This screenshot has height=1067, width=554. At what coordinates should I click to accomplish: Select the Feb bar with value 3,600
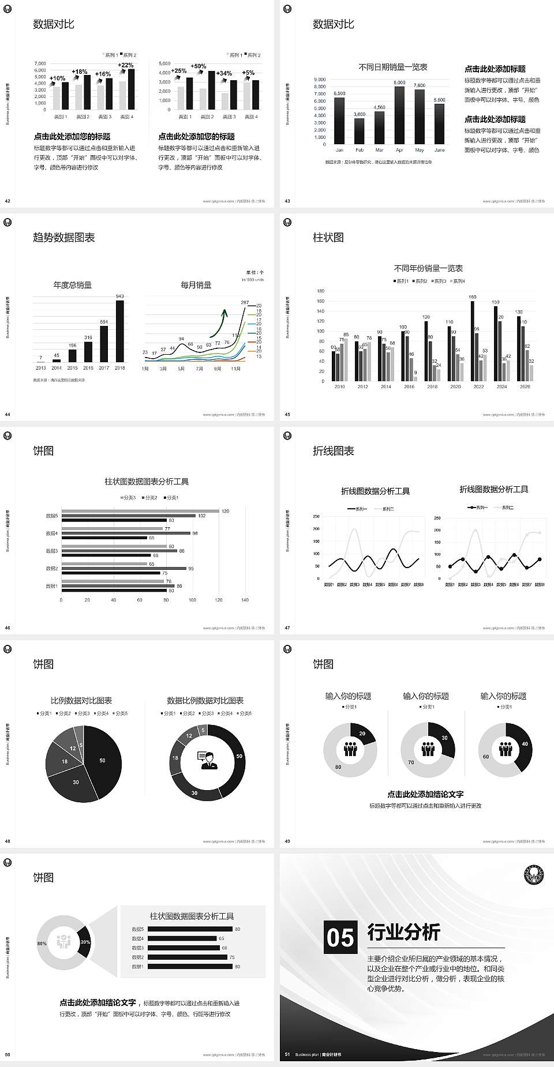click(x=360, y=131)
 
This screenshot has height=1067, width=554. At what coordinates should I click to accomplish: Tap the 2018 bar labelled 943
click(x=119, y=331)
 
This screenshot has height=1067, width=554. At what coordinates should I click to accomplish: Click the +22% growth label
click(x=126, y=65)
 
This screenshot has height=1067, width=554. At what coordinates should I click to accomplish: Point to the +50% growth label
click(x=198, y=66)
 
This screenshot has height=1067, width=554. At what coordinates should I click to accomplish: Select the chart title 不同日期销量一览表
click(x=392, y=67)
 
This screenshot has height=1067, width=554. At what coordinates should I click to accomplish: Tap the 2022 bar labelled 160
click(x=473, y=340)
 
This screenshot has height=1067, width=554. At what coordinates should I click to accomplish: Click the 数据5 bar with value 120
click(x=140, y=511)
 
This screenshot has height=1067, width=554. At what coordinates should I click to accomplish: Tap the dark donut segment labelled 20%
click(x=85, y=942)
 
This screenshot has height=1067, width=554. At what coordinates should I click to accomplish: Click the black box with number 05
click(x=340, y=937)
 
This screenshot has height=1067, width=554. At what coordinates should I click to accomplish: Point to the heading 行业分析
click(x=403, y=931)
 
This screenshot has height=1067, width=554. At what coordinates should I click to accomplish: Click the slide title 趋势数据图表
click(x=63, y=238)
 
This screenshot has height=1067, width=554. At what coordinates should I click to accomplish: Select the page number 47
click(x=287, y=628)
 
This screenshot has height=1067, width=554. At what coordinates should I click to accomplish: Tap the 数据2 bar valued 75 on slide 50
click(x=187, y=957)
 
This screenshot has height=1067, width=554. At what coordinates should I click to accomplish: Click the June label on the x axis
click(x=439, y=150)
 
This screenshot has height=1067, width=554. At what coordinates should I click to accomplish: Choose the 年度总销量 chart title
click(x=72, y=285)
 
